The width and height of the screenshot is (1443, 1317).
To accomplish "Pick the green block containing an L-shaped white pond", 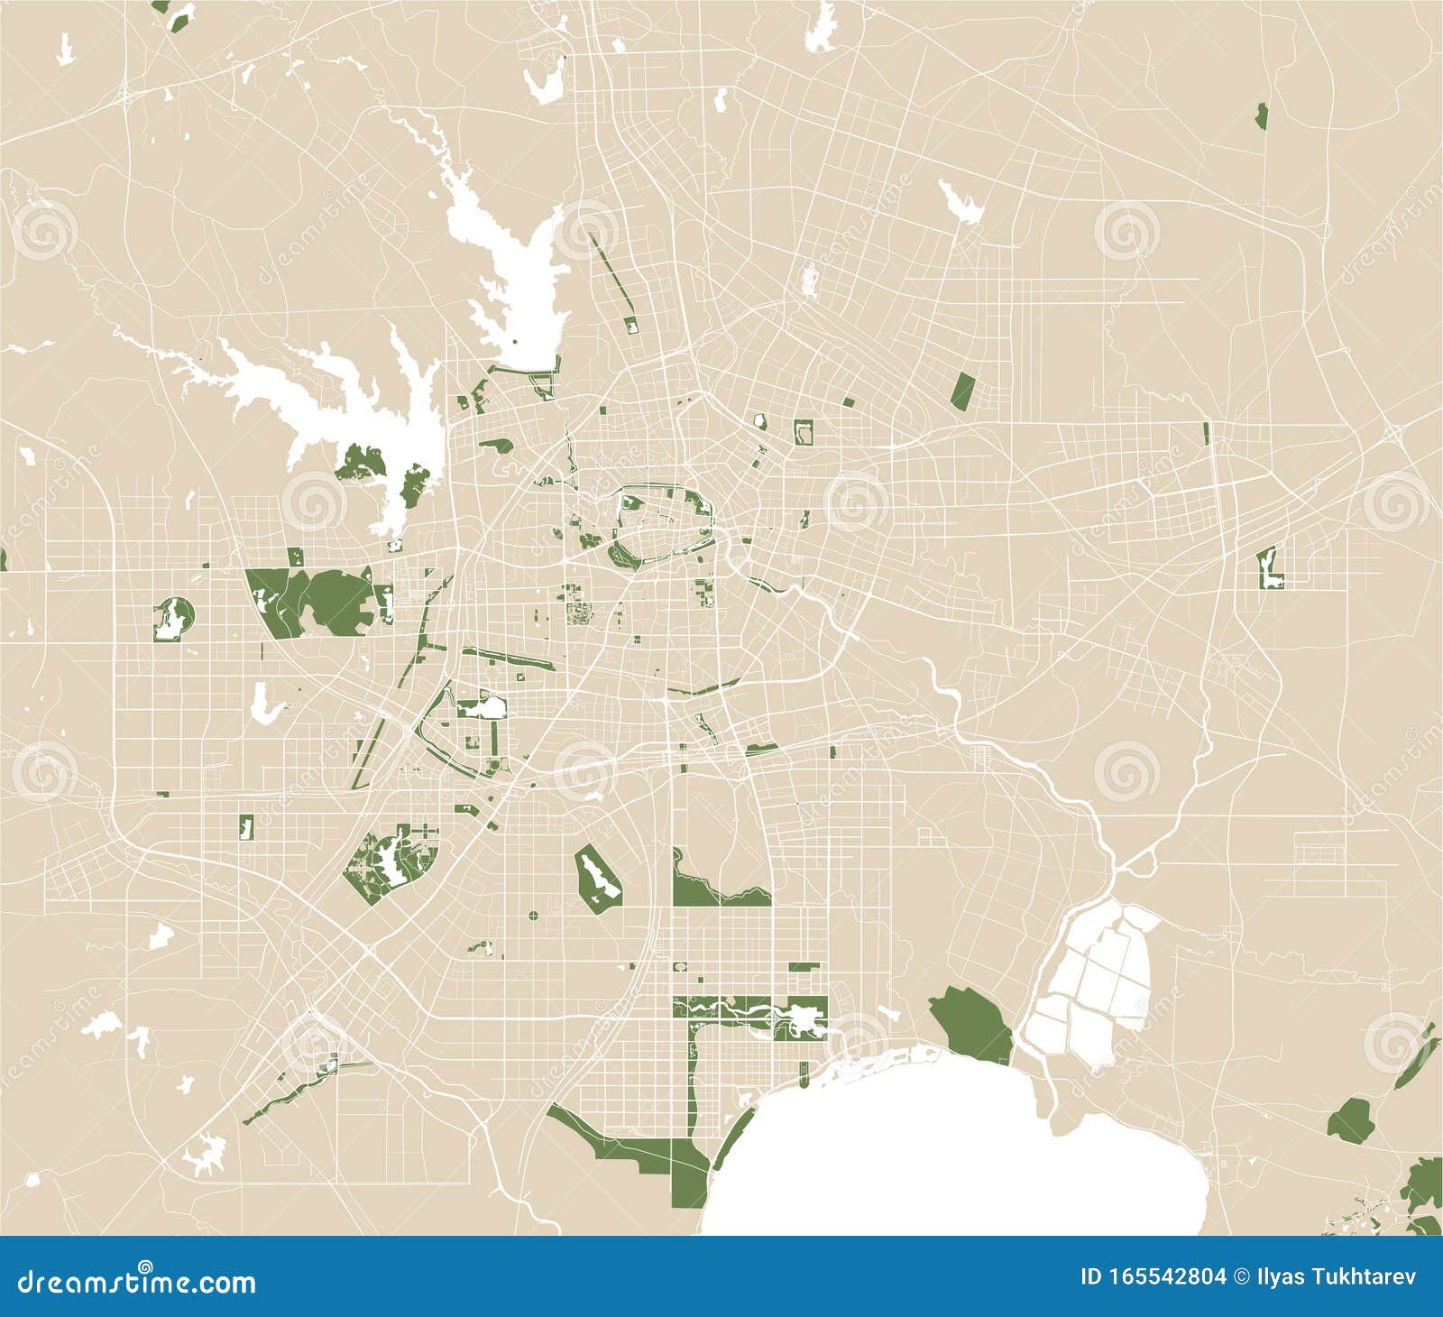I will tap(1272, 568).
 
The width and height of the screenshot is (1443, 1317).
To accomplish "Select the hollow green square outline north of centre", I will tap(803, 432).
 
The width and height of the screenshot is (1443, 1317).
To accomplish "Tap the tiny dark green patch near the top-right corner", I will tap(1261, 115).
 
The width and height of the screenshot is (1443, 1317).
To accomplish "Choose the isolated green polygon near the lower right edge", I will tap(1348, 1119).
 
